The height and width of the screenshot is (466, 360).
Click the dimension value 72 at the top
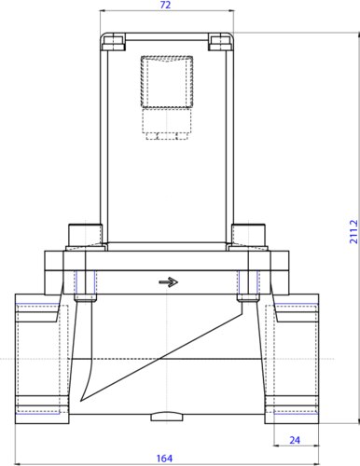[166, 5]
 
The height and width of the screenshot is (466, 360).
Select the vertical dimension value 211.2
[353, 232]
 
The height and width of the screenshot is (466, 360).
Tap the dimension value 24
[295, 440]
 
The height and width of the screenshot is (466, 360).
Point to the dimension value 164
[164, 459]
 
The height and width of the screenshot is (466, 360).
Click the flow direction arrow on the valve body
[168, 282]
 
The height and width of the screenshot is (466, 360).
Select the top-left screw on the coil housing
[114, 43]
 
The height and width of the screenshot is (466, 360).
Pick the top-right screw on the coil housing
[220, 43]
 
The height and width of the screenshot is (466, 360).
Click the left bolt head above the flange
[85, 235]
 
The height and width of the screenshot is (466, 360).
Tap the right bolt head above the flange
[249, 235]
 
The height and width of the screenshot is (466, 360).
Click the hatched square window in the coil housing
[167, 82]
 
